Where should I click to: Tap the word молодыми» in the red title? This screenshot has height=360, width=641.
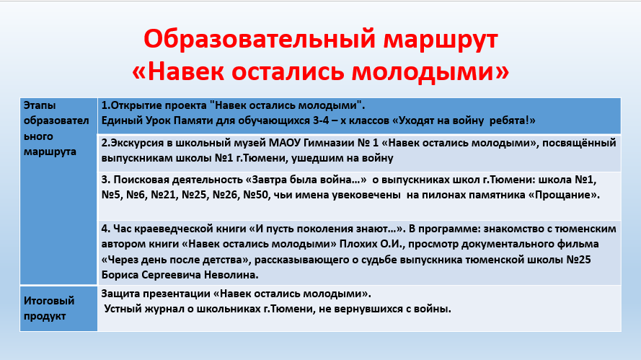430,71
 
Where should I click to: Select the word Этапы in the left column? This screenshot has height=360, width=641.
40,105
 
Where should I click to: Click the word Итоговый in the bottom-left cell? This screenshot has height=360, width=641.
49,301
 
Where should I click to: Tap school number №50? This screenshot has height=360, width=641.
256,195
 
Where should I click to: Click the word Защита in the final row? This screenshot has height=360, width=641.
120,294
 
